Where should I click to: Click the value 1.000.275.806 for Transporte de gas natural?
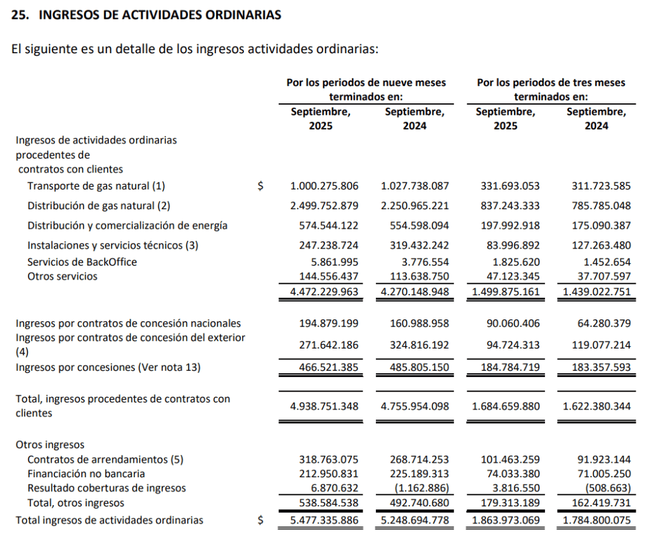[x=324, y=186]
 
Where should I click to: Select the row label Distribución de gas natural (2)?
[x=99, y=205]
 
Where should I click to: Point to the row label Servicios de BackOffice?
[x=82, y=262]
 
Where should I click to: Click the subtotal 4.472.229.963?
[x=324, y=292]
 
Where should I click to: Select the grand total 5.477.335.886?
[x=324, y=520]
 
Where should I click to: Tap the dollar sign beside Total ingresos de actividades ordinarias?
[x=260, y=520]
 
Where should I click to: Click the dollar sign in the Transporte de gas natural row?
[x=260, y=186]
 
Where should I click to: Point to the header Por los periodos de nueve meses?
[x=366, y=82]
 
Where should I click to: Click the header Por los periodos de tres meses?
[x=551, y=82]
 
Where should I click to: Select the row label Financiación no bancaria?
[x=86, y=473]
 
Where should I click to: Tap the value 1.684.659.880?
[x=506, y=406]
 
